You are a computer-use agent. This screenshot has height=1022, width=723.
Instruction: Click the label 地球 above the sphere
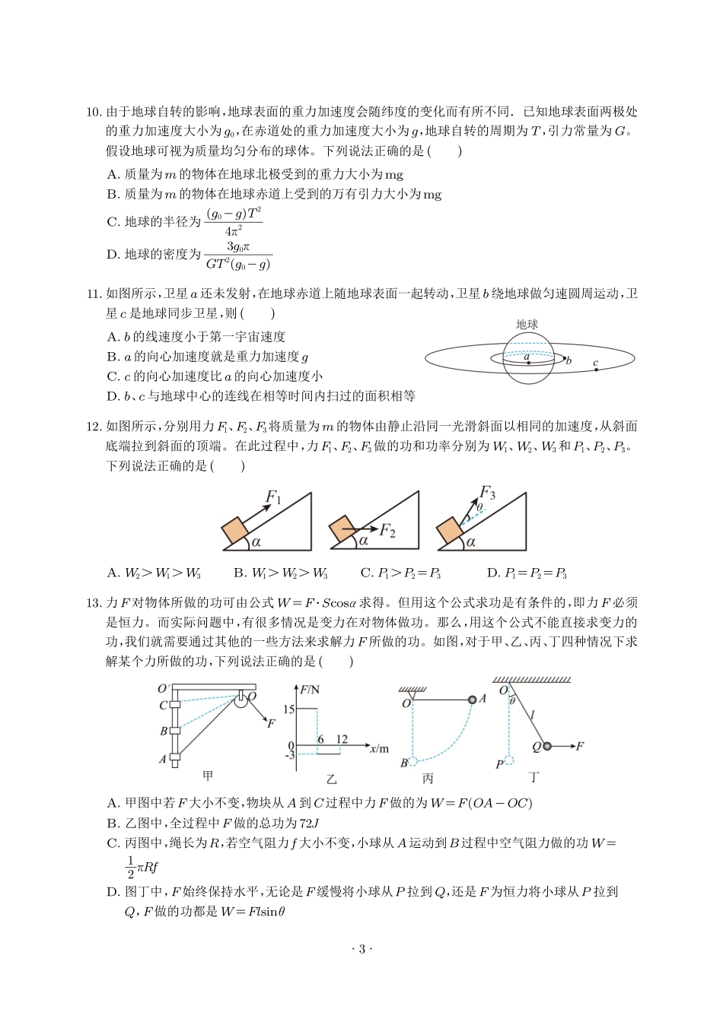point(527,325)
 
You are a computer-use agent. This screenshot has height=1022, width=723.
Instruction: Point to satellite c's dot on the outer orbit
point(596,370)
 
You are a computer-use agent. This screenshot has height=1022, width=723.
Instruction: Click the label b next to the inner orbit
point(569,361)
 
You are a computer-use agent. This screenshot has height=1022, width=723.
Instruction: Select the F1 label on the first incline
point(273,498)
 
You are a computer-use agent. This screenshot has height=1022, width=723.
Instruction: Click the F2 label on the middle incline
point(387,530)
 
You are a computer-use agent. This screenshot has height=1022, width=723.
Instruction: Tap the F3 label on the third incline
point(488,494)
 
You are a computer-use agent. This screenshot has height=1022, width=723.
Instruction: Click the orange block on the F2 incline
point(343,531)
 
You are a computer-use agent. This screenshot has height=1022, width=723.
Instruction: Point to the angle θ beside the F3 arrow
point(479,508)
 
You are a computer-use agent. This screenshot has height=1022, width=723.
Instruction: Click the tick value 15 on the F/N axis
point(288,709)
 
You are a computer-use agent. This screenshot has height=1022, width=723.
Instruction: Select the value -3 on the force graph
point(288,755)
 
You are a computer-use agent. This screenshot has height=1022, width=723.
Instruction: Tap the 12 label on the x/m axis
point(342,739)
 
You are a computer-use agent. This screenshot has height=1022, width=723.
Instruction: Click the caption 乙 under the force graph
point(331,779)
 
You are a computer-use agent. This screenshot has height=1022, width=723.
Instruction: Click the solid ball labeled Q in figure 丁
point(547,747)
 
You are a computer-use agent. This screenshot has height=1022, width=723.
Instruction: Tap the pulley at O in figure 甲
point(241,698)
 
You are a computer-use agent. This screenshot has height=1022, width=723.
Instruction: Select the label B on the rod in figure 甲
point(163,732)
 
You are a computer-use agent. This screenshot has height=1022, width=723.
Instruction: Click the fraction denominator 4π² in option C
point(234,231)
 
